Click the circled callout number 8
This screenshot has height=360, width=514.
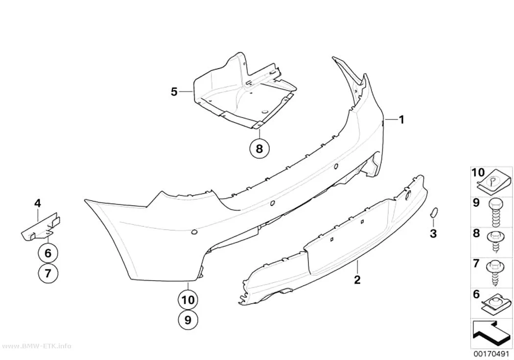click(x=259, y=148)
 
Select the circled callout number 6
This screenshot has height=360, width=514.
click(x=48, y=253)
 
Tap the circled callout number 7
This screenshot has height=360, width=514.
click(x=48, y=273)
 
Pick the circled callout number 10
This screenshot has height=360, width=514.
click(x=188, y=300)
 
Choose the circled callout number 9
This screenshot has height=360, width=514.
click(x=188, y=320)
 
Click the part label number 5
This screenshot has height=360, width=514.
click(x=174, y=92)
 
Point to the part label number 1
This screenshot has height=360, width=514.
click(x=401, y=120)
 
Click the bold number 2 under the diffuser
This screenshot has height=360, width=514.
click(x=357, y=280)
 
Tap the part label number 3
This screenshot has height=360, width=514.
click(x=433, y=234)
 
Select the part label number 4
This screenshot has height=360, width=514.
click(x=38, y=203)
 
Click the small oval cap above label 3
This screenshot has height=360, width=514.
click(x=433, y=213)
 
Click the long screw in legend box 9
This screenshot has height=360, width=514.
click(x=494, y=213)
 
